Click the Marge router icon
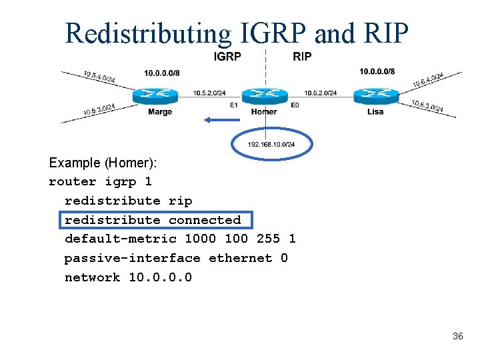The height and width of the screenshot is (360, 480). tap(155, 96)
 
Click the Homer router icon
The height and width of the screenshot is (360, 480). tap(264, 95)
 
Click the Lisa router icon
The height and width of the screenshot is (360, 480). tap(375, 96)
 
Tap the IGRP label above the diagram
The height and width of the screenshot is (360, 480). tap(227, 57)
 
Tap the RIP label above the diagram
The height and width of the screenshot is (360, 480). tap(302, 57)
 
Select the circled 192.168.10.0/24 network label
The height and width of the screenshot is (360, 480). tap(271, 145)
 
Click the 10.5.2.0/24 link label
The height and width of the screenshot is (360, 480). tap(209, 93)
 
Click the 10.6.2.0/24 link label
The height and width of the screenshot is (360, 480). tap(320, 93)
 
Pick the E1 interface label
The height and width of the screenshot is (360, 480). tap(233, 105)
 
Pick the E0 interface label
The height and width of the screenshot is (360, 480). tap(294, 105)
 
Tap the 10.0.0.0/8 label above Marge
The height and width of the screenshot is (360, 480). tap(161, 73)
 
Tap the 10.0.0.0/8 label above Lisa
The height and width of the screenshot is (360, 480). tap(377, 71)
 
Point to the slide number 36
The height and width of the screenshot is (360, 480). tap(457, 337)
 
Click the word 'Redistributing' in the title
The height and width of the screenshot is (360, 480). tap(148, 33)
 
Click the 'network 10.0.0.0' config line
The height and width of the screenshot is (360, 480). tap(128, 277)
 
